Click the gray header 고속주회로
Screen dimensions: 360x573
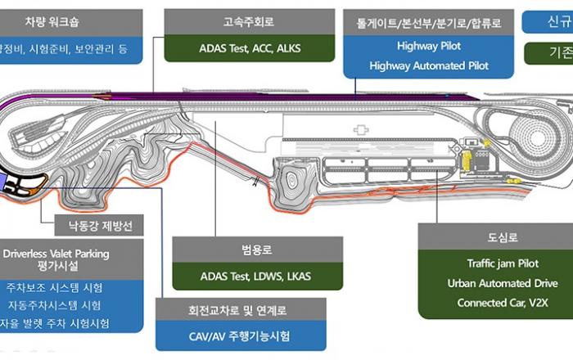(x=250, y=21)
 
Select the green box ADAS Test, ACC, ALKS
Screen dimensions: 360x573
(x=250, y=48)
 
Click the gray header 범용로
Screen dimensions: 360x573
(x=255, y=250)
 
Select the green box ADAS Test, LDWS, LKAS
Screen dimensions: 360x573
(x=255, y=277)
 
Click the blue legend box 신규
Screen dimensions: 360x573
(x=548, y=21)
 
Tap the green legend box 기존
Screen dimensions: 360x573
(x=548, y=54)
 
